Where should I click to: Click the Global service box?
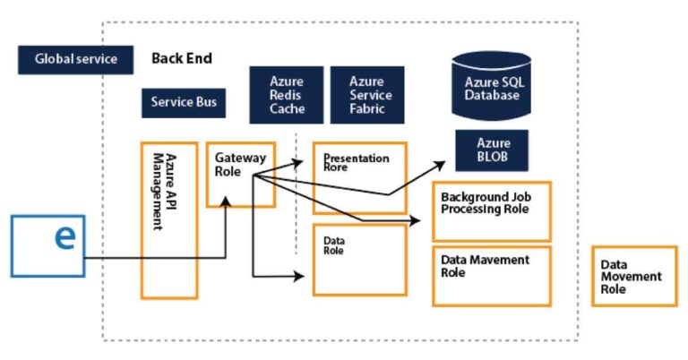pos(75,59)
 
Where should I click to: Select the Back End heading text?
pos(182,58)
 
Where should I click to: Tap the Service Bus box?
pos(183,102)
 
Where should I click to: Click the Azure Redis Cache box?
pos(287,95)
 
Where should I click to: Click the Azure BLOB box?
pos(492,150)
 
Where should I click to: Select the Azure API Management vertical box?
pos(168,220)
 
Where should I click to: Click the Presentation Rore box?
pos(358,177)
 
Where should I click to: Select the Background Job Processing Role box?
pos(491,211)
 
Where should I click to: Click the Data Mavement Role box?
pos(491,276)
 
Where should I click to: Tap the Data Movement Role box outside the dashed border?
pos(634,276)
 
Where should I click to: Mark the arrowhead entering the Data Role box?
pos(305,274)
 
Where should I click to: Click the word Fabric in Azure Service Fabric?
pos(368,109)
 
